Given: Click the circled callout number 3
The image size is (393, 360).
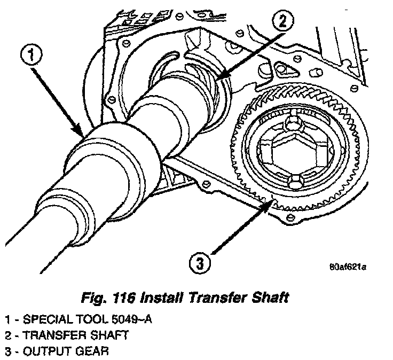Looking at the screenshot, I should point(200,263).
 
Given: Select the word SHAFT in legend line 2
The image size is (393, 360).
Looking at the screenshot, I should point(110,336).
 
